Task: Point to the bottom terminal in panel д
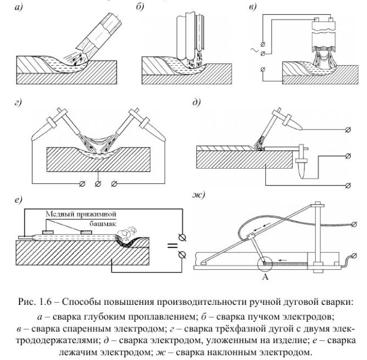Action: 347,185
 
